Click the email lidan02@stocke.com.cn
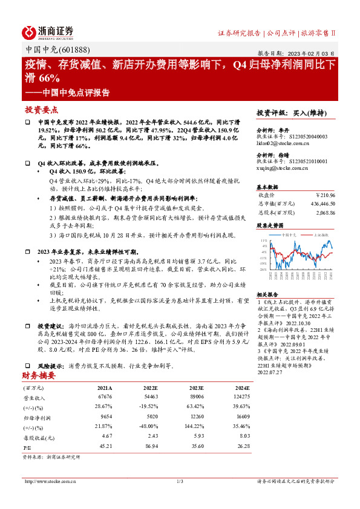pos(283,143)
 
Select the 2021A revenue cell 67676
pos(105,396)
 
